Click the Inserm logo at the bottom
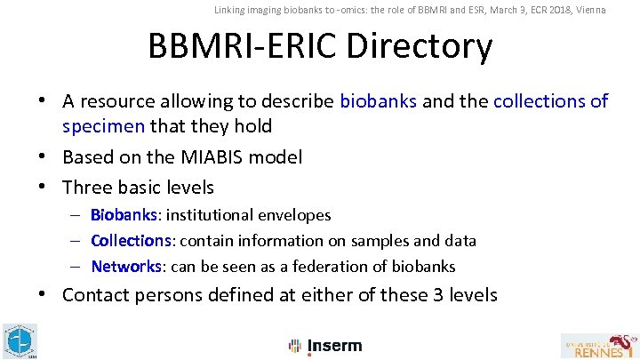click(x=325, y=346)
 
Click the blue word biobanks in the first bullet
click(x=378, y=101)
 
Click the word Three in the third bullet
click(x=88, y=188)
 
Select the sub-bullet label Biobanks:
click(x=124, y=215)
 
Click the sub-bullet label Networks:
click(x=126, y=267)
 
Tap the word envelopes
click(x=293, y=215)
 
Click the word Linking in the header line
click(x=230, y=10)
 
